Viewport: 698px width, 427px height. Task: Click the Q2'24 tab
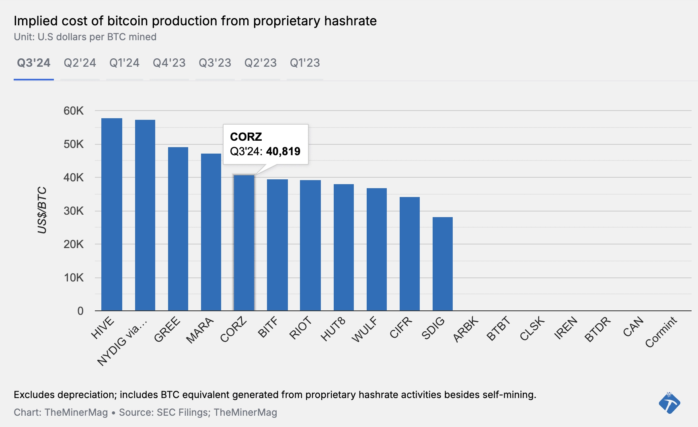(x=80, y=63)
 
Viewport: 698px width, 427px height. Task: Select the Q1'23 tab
(x=305, y=63)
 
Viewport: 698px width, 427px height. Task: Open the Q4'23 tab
(x=169, y=63)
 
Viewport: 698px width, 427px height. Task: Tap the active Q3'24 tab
(x=34, y=63)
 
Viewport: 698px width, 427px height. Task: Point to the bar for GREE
(x=178, y=229)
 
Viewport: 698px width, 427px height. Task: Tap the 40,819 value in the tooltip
(x=283, y=152)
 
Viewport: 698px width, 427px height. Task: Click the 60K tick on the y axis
(x=74, y=111)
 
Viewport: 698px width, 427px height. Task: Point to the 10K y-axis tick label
(x=74, y=278)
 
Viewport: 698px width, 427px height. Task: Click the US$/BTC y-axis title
(x=42, y=210)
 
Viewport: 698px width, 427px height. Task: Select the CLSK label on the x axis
(x=532, y=329)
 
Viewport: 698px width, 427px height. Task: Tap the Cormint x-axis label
(x=661, y=332)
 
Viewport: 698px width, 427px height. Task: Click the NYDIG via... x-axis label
(x=122, y=342)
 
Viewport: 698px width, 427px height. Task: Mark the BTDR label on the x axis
(x=597, y=329)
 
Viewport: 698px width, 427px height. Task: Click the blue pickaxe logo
(x=669, y=403)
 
